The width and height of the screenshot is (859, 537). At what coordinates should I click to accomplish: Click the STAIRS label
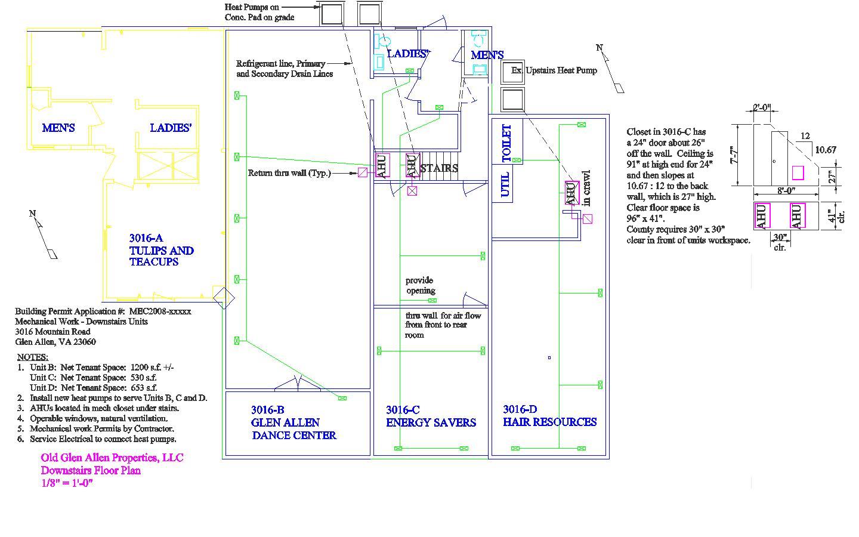coord(440,168)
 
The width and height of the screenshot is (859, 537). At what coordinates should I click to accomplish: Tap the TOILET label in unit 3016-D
coord(506,143)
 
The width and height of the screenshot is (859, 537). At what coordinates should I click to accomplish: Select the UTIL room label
coord(505,184)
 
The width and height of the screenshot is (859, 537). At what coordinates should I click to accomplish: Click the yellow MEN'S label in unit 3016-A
coord(58,128)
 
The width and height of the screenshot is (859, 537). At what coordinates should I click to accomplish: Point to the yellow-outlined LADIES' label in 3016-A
coord(171,128)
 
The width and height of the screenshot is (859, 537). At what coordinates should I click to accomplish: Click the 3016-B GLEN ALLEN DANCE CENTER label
coord(293,422)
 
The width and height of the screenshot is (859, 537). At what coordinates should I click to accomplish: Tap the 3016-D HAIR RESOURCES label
coord(549,416)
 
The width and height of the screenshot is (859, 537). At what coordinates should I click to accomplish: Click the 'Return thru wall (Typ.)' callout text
coord(289,173)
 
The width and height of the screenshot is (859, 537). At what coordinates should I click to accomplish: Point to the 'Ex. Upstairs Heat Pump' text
coord(554,70)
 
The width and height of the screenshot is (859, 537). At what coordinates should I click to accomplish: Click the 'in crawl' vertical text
coord(587,189)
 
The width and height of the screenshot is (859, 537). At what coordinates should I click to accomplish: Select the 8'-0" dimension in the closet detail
coord(786,192)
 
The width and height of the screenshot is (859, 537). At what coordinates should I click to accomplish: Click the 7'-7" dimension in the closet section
coord(736,156)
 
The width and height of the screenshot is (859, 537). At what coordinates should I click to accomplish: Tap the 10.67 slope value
coord(826,150)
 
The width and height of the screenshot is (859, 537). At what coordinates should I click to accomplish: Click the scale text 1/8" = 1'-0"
coord(67,483)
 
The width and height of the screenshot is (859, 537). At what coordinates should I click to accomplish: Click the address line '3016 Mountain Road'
coord(52,332)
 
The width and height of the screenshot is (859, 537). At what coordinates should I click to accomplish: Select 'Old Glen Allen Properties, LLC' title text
coord(112,458)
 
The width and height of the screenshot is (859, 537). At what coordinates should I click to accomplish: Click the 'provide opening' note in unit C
coord(420,285)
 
